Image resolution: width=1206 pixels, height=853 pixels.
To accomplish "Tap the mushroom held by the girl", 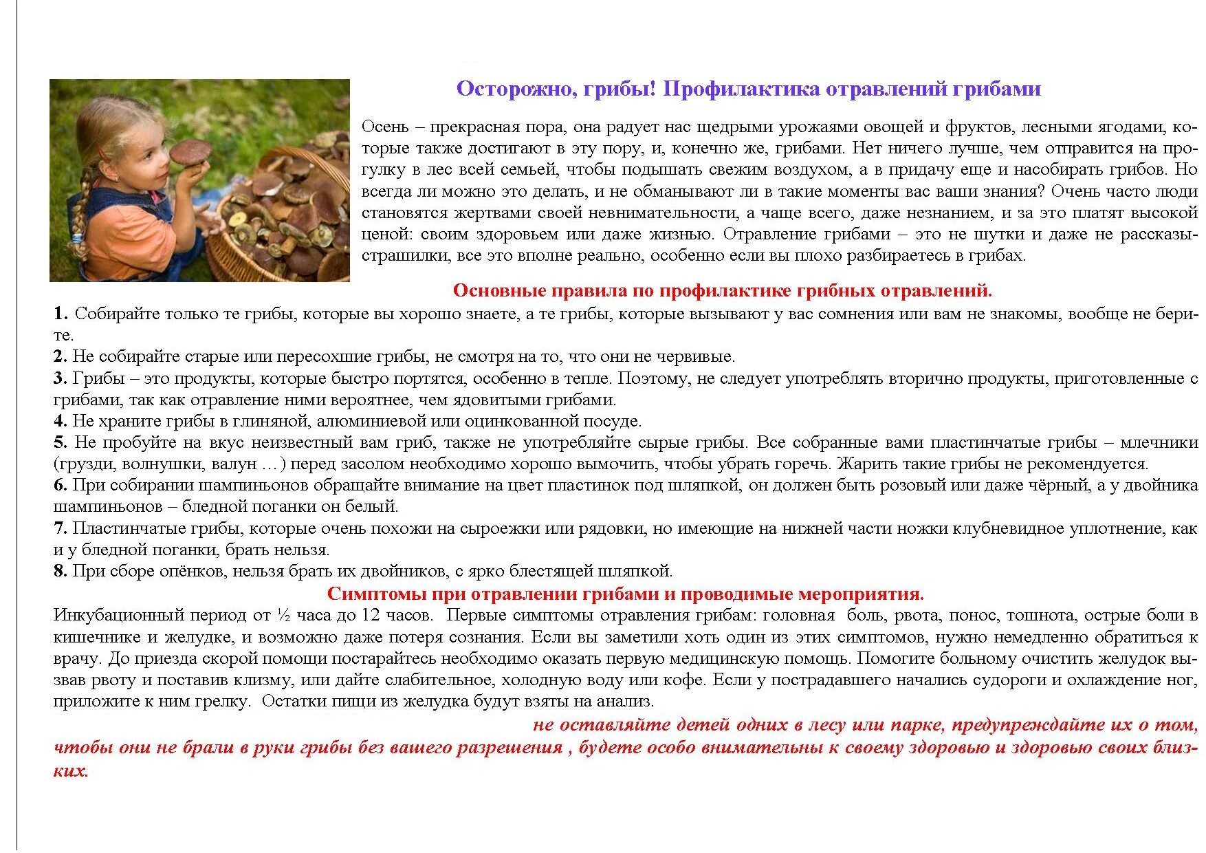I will [190, 152].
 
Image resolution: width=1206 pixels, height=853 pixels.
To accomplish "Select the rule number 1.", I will [61, 314].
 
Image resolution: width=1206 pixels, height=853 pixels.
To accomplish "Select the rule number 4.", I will [60, 421].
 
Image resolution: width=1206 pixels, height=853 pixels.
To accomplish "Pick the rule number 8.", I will [60, 571].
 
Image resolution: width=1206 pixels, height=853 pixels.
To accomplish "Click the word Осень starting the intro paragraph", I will [385, 127].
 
